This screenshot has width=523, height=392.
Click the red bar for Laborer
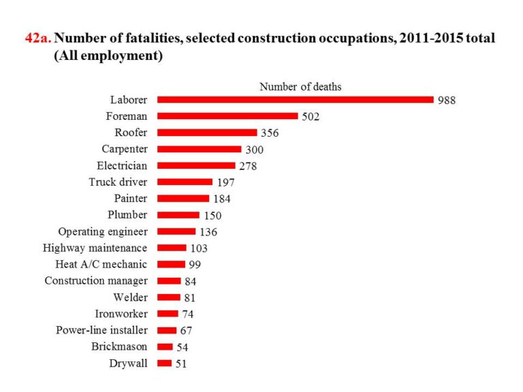(x=295, y=99)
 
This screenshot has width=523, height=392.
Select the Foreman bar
(x=227, y=116)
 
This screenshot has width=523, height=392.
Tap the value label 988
(x=447, y=100)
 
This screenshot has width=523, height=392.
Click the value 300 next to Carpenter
(x=254, y=150)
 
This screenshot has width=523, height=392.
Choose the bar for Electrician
(x=196, y=165)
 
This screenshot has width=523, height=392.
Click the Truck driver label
(x=118, y=182)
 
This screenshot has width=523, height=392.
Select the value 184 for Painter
(x=222, y=199)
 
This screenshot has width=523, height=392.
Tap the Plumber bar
(x=178, y=215)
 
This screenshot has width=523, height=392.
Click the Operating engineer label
(x=103, y=231)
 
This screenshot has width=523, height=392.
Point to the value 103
(x=199, y=248)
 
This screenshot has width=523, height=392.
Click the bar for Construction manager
(x=169, y=280)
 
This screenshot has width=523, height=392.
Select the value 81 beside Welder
(x=191, y=297)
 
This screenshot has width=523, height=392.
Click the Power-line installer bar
(x=167, y=330)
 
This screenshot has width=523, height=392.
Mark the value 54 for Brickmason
(x=182, y=347)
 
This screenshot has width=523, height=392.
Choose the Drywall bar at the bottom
(x=164, y=363)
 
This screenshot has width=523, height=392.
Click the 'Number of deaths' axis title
(x=300, y=86)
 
